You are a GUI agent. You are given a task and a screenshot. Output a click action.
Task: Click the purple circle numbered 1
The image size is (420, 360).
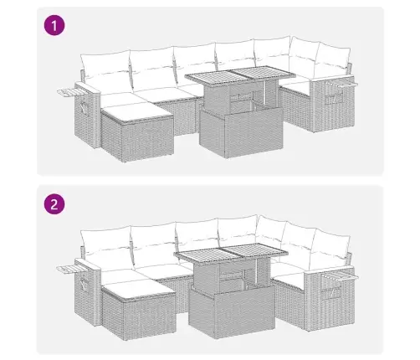[54, 27]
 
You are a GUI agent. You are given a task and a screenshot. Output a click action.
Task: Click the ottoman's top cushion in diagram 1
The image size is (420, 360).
[136, 105]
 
